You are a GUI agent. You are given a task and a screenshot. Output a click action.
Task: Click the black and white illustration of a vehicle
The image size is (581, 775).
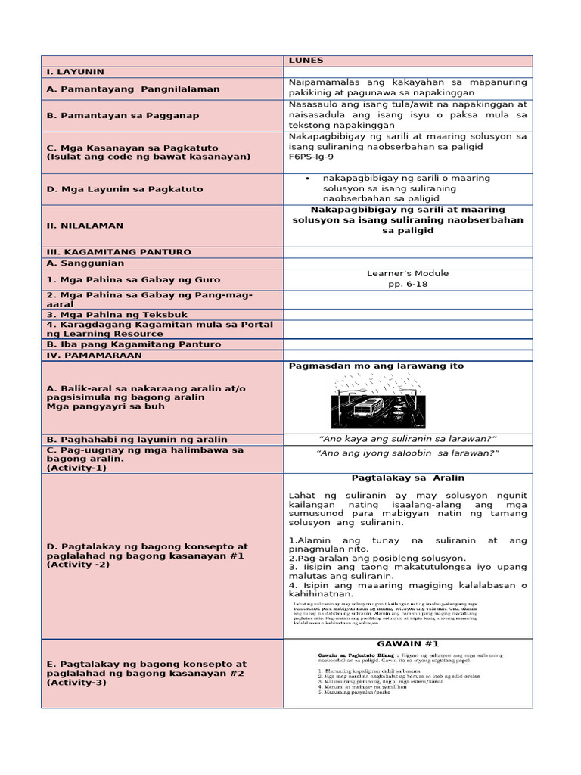[x=377, y=403]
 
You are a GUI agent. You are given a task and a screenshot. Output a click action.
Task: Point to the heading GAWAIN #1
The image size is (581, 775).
[x=407, y=643]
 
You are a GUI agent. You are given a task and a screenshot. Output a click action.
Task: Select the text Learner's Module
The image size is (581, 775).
[x=408, y=273]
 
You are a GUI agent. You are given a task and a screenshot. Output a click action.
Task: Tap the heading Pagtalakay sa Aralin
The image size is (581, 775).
[x=408, y=478]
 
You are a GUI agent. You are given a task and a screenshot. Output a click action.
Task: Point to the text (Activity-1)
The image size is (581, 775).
[x=76, y=468]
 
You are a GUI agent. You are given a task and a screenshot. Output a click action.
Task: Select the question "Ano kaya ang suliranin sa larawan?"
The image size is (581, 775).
[x=408, y=439]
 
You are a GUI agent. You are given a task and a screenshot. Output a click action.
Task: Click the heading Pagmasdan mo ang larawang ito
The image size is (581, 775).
[x=376, y=366]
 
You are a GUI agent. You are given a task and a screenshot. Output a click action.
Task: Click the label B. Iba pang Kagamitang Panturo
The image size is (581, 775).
[x=134, y=344]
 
